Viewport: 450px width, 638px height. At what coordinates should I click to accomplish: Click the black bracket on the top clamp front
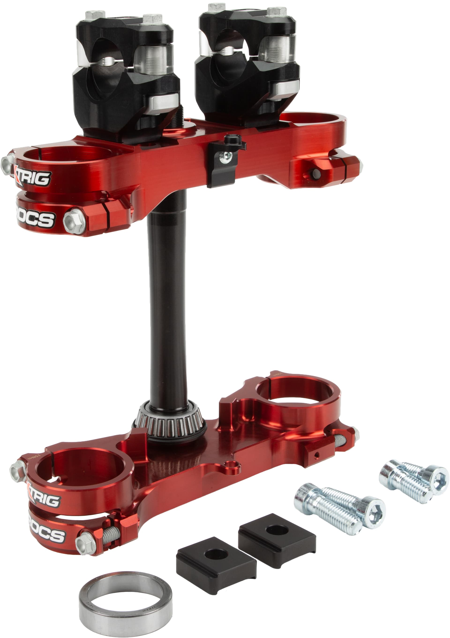tap(223, 164)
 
